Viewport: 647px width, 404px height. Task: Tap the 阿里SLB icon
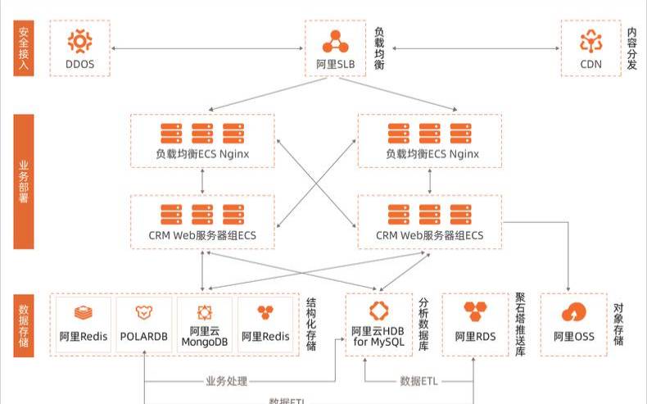(334, 40)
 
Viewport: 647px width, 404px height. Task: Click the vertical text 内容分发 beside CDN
(631, 49)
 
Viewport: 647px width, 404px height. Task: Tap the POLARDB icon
(144, 312)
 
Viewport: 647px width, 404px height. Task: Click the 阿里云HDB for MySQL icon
(378, 311)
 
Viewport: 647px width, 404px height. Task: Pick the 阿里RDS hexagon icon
(475, 311)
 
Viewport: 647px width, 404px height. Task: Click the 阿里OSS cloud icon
(573, 312)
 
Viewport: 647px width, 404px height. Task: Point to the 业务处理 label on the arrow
(227, 382)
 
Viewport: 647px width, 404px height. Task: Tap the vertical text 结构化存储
(311, 325)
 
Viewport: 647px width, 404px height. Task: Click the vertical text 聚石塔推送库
(520, 325)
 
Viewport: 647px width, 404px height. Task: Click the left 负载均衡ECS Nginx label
(202, 153)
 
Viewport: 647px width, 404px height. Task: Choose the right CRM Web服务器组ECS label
(430, 235)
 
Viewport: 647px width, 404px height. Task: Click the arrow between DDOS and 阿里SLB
(206, 48)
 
